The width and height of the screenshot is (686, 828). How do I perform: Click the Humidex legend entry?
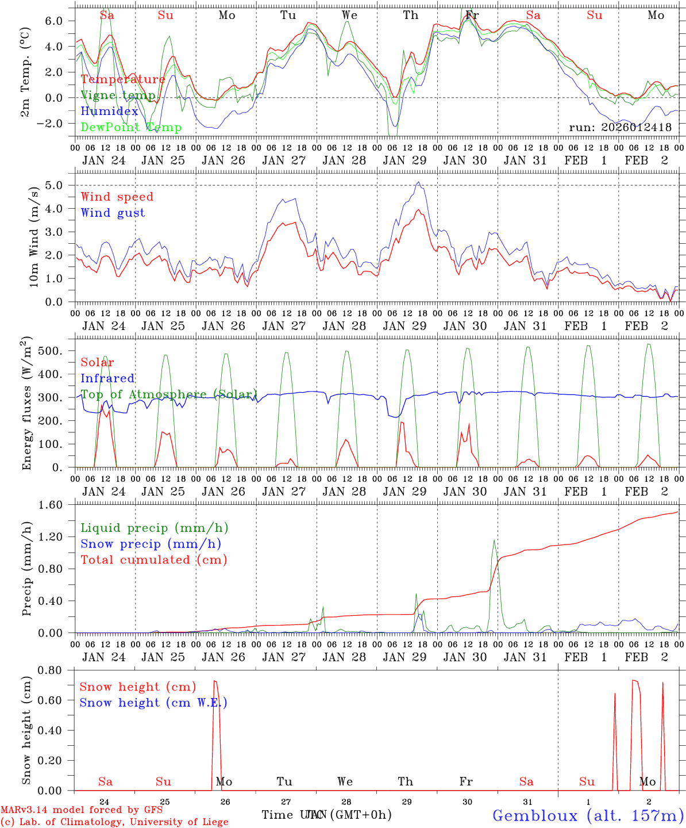point(109,112)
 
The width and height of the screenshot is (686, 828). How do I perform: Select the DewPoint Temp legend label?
point(131,128)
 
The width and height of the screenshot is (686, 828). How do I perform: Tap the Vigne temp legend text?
point(118,95)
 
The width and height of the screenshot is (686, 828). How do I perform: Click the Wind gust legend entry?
point(113,213)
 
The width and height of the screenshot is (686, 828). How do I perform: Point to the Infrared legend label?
point(107,378)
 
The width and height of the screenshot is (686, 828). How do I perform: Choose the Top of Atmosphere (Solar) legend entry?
point(168,394)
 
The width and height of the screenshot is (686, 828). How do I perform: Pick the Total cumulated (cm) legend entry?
point(153,559)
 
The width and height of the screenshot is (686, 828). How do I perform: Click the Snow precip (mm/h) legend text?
point(151,544)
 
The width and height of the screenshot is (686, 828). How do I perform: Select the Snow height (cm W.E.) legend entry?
point(153,703)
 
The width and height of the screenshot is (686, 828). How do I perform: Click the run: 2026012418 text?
point(620,128)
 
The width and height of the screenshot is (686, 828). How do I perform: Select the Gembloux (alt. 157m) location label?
point(588,815)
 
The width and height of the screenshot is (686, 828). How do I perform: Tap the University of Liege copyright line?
point(114,822)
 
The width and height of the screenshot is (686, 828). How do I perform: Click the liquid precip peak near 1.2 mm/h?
point(494,540)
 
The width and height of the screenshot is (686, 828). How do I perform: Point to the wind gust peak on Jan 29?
point(418,183)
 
